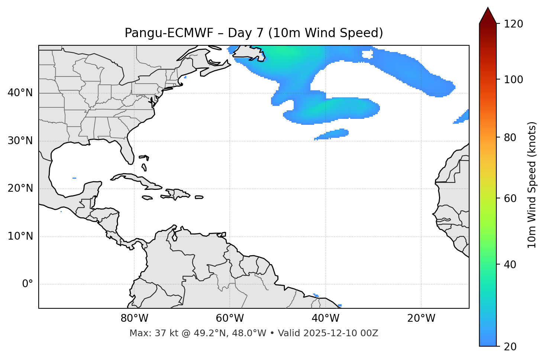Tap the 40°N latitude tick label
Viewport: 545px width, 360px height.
point(20,93)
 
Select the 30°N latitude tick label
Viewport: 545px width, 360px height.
point(20,141)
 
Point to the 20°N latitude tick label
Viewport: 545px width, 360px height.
point(20,188)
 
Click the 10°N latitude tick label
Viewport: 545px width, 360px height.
point(20,236)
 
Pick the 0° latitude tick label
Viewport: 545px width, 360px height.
point(28,284)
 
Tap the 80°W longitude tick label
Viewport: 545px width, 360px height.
point(134,318)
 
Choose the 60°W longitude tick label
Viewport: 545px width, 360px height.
point(230,318)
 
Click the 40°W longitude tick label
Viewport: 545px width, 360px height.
point(325,318)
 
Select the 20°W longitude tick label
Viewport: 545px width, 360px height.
point(421,318)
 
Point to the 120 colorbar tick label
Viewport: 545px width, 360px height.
point(513,24)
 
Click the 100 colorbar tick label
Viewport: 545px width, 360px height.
point(513,80)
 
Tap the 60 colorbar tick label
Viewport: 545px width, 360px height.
point(511,198)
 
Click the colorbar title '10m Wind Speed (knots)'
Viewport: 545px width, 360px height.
point(532,185)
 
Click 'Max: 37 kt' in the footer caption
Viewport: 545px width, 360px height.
point(147,333)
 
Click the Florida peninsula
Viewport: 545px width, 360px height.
point(127,150)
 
